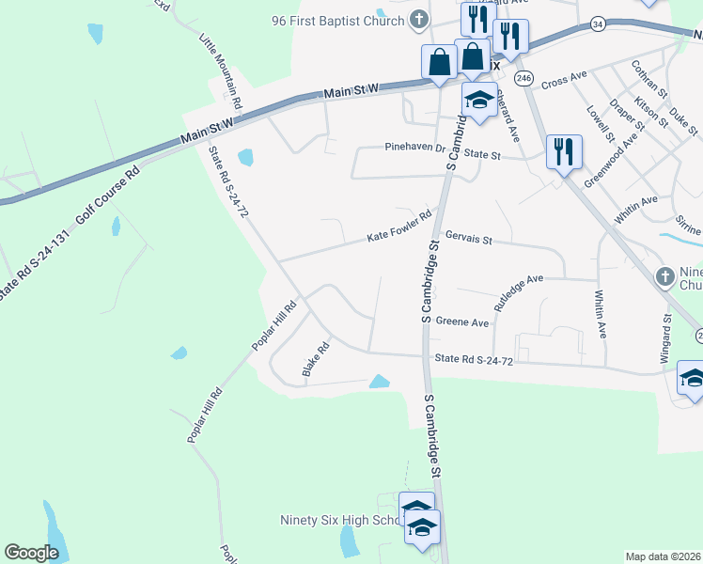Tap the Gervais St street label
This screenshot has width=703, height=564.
(469, 240)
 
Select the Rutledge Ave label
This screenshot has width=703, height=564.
(519, 292)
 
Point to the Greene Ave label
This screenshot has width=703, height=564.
(462, 322)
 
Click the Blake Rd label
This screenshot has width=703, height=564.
(316, 360)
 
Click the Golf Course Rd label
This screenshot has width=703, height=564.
(108, 189)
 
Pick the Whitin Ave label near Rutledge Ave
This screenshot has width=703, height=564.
(600, 314)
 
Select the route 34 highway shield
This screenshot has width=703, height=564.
(598, 23)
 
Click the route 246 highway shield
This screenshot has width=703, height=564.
(524, 76)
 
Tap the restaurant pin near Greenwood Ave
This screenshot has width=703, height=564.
(564, 150)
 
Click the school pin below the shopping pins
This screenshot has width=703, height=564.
(478, 100)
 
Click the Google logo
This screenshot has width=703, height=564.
(32, 553)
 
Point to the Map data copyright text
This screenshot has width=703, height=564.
(664, 556)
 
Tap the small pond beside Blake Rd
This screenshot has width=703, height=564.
(379, 381)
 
